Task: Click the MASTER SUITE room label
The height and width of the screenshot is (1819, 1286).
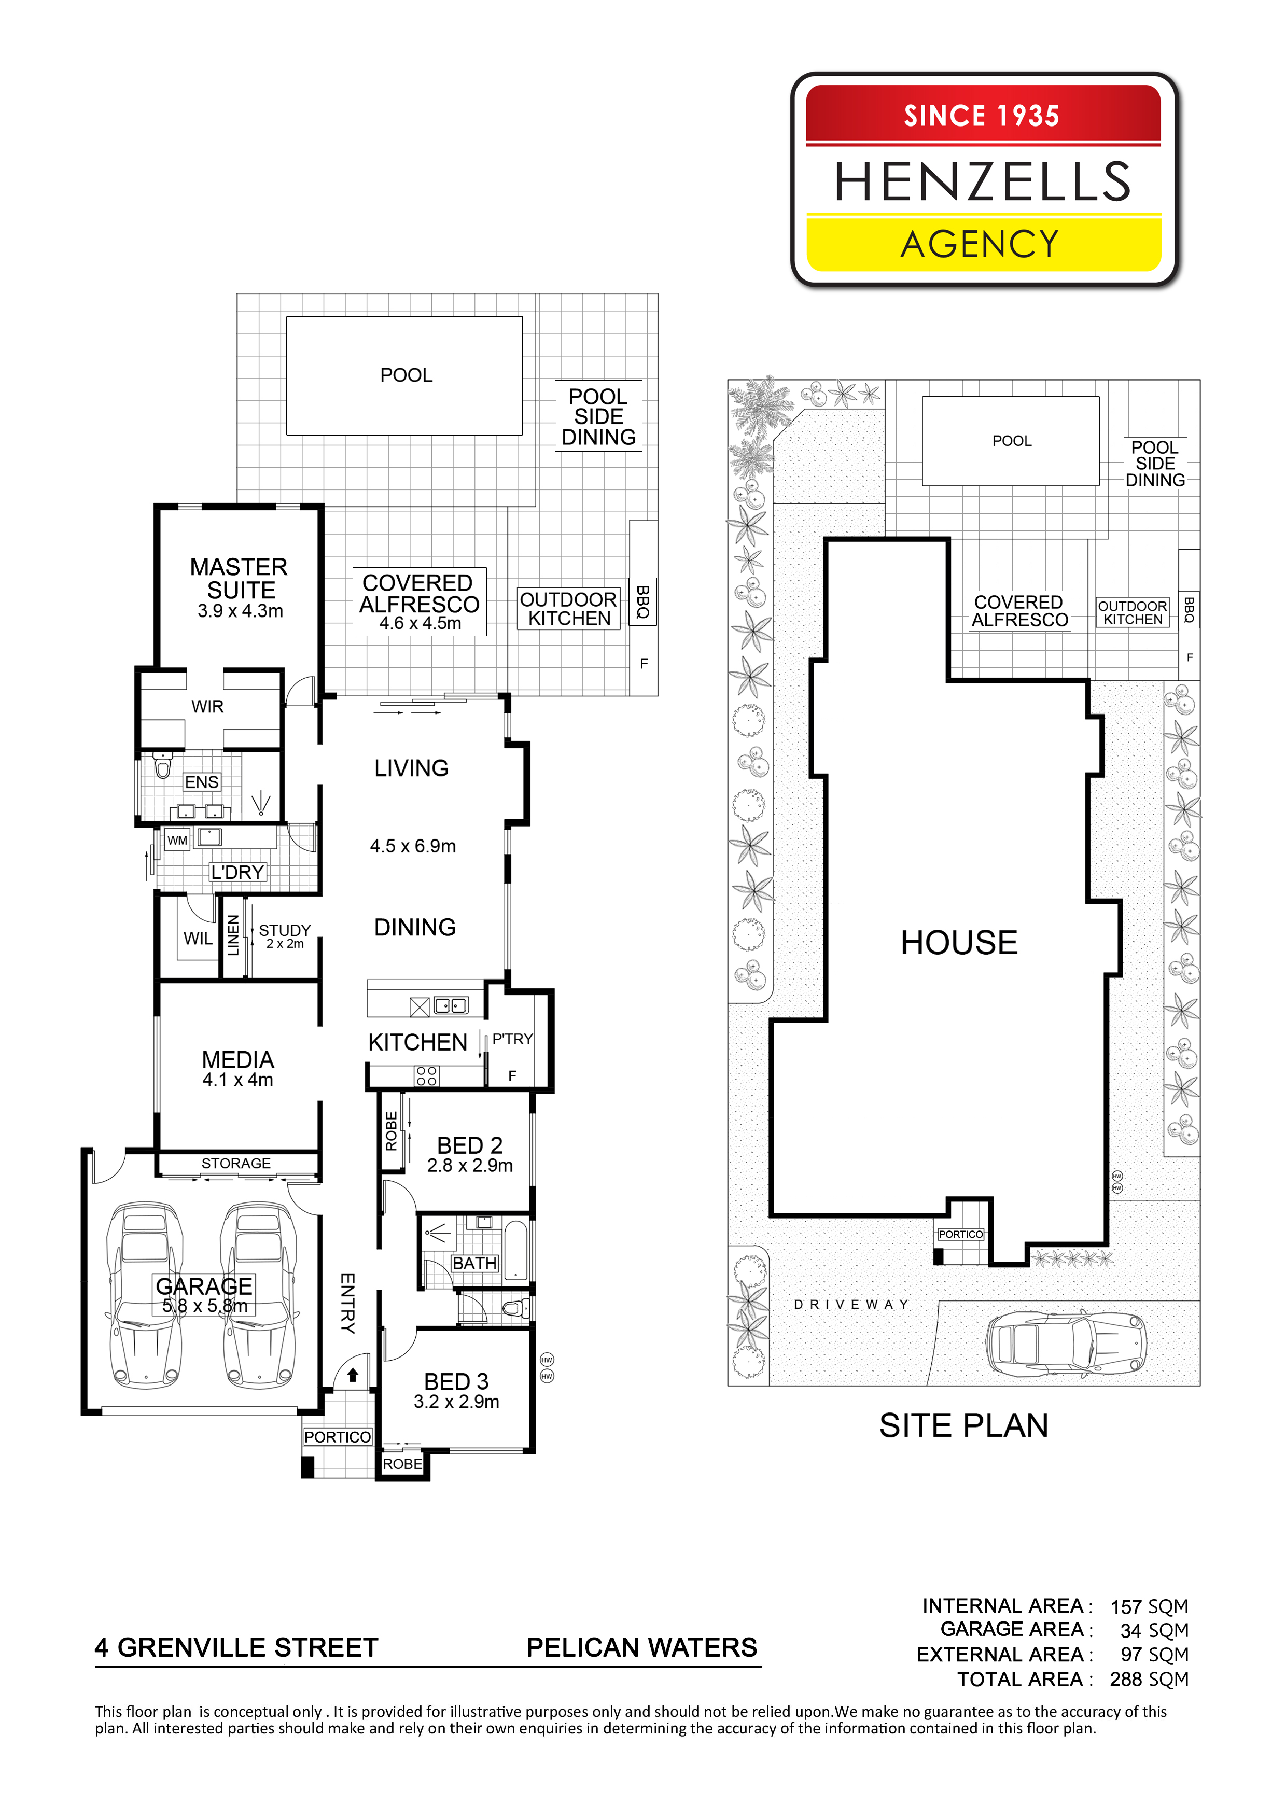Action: (239, 578)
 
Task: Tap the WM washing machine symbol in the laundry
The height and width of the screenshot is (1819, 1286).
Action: (177, 840)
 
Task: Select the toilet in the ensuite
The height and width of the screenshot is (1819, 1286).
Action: (162, 765)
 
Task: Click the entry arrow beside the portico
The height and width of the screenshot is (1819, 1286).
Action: (353, 1375)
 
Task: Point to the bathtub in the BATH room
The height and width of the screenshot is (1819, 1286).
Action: (516, 1251)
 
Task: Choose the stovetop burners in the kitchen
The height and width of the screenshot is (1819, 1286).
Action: (426, 1075)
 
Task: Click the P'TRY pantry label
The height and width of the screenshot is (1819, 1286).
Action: (512, 1039)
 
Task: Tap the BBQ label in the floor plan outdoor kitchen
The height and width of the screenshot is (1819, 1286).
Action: (642, 601)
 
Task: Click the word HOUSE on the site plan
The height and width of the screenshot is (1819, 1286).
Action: (959, 942)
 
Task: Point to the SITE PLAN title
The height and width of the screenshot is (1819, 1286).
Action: (963, 1425)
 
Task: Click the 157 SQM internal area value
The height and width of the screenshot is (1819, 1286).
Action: (1149, 1607)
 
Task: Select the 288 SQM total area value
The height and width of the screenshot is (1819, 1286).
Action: (1149, 1680)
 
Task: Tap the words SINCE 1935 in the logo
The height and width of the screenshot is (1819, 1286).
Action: (982, 116)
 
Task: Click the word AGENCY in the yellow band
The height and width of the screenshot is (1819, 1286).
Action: (980, 244)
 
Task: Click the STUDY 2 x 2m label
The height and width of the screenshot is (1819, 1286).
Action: (285, 935)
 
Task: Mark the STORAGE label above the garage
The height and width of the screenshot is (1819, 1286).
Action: (236, 1163)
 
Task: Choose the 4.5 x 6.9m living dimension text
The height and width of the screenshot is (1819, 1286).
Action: (413, 846)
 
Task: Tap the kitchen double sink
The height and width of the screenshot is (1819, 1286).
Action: (451, 1006)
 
